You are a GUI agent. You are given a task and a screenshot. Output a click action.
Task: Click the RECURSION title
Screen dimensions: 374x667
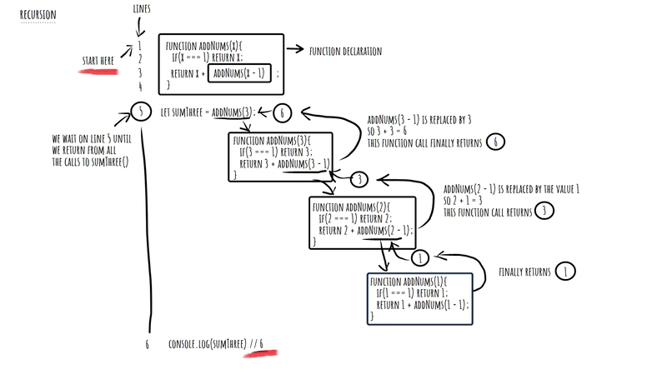38,14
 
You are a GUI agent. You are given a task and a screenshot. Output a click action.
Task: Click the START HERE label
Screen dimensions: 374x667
98,61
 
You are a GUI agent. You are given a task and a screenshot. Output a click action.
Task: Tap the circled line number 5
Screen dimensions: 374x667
142,111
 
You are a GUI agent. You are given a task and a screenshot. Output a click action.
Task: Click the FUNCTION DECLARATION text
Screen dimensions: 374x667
345,51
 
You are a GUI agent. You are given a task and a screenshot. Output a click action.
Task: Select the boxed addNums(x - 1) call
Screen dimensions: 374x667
239,73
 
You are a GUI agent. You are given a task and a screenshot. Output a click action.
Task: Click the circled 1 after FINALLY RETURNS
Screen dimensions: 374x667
565,272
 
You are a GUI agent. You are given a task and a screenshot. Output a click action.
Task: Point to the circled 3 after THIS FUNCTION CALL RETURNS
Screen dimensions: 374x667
543,212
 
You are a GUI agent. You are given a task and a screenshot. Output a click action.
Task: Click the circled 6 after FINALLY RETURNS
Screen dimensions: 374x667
495,142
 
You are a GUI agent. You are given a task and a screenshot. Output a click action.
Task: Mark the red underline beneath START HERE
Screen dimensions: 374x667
98,72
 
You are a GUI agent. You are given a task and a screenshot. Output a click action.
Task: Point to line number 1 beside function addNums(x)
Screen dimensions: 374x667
141,45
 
